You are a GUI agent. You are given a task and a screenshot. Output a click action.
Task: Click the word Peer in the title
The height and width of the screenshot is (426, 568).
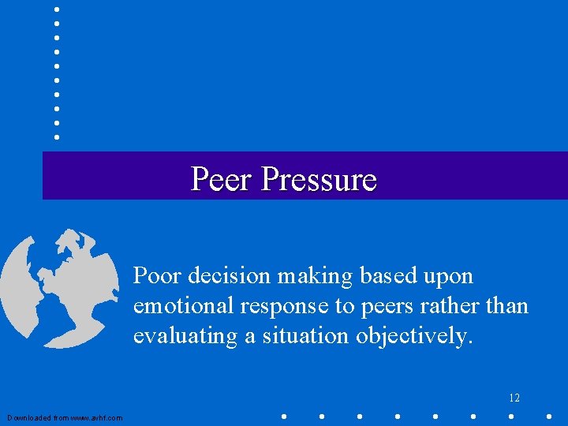coord(222,179)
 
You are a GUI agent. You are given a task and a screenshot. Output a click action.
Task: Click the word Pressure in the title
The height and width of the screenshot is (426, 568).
coord(319,179)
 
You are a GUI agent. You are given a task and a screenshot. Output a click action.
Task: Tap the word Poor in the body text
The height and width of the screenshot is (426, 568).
coord(156,276)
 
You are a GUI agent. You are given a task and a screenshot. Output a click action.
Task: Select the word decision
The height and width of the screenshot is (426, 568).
coord(230,276)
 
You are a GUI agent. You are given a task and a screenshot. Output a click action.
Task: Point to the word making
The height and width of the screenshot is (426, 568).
coord(319,277)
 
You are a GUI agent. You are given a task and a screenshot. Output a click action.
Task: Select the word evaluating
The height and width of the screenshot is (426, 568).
coord(185,337)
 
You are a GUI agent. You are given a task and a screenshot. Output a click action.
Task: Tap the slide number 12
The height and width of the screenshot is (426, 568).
coord(514,398)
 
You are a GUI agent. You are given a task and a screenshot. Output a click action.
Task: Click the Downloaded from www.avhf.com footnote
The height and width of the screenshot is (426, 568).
coord(65,417)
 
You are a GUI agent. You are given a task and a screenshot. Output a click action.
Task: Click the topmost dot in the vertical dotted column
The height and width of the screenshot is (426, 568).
coord(56,9)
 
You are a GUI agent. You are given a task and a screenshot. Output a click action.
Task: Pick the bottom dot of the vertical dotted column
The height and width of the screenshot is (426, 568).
coord(56,136)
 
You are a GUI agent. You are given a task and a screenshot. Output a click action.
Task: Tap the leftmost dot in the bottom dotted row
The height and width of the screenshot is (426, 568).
coord(283,416)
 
